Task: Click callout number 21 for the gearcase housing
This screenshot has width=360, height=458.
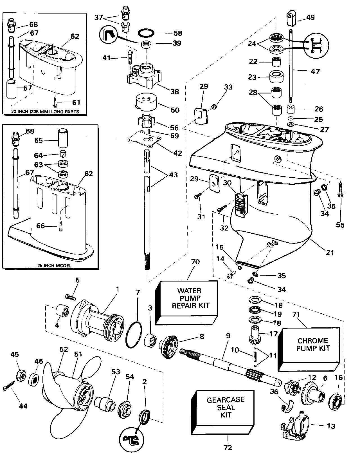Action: pyautogui.click(x=330, y=252)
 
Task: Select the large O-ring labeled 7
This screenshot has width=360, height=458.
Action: pyautogui.click(x=134, y=335)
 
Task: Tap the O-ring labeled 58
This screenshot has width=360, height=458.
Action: pyautogui.click(x=146, y=33)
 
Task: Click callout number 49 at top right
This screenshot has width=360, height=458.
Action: pyautogui.click(x=310, y=17)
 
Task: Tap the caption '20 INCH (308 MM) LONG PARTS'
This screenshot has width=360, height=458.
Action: pyautogui.click(x=45, y=111)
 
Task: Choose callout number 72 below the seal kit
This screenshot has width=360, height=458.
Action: pyautogui.click(x=228, y=447)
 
